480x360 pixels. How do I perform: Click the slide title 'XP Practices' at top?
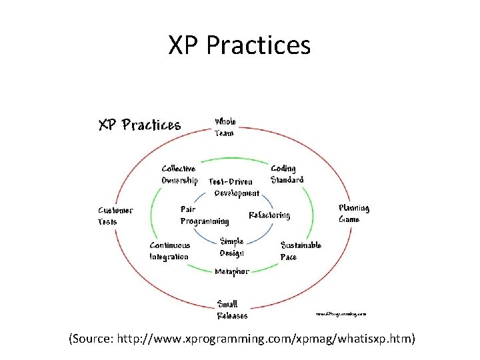(x=239, y=45)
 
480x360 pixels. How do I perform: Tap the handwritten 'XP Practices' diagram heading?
(x=140, y=125)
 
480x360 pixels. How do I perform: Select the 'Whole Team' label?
(x=225, y=127)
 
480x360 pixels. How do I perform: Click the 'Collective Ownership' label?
(x=179, y=175)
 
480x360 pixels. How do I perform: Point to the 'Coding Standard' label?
(x=287, y=174)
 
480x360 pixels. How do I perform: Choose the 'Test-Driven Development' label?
(x=234, y=187)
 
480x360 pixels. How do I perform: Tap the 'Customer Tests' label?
(x=115, y=215)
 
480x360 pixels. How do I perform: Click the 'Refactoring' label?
(x=269, y=215)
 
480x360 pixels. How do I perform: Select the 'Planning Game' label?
(x=354, y=213)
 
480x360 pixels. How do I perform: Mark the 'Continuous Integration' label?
(x=169, y=251)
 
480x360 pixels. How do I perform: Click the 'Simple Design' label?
(x=232, y=247)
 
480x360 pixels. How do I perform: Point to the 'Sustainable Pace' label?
(x=301, y=251)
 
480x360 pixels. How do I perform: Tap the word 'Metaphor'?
(x=231, y=271)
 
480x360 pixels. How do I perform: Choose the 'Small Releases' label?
(x=232, y=310)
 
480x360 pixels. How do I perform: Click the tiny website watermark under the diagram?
(x=341, y=312)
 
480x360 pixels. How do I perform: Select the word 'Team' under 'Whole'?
(x=224, y=133)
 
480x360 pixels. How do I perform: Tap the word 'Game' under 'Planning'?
(x=349, y=219)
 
